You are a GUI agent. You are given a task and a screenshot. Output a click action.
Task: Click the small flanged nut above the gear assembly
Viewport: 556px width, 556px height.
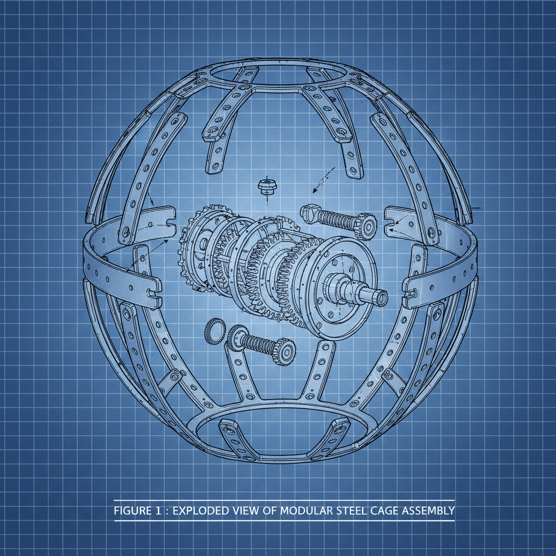pyautogui.click(x=266, y=187)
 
